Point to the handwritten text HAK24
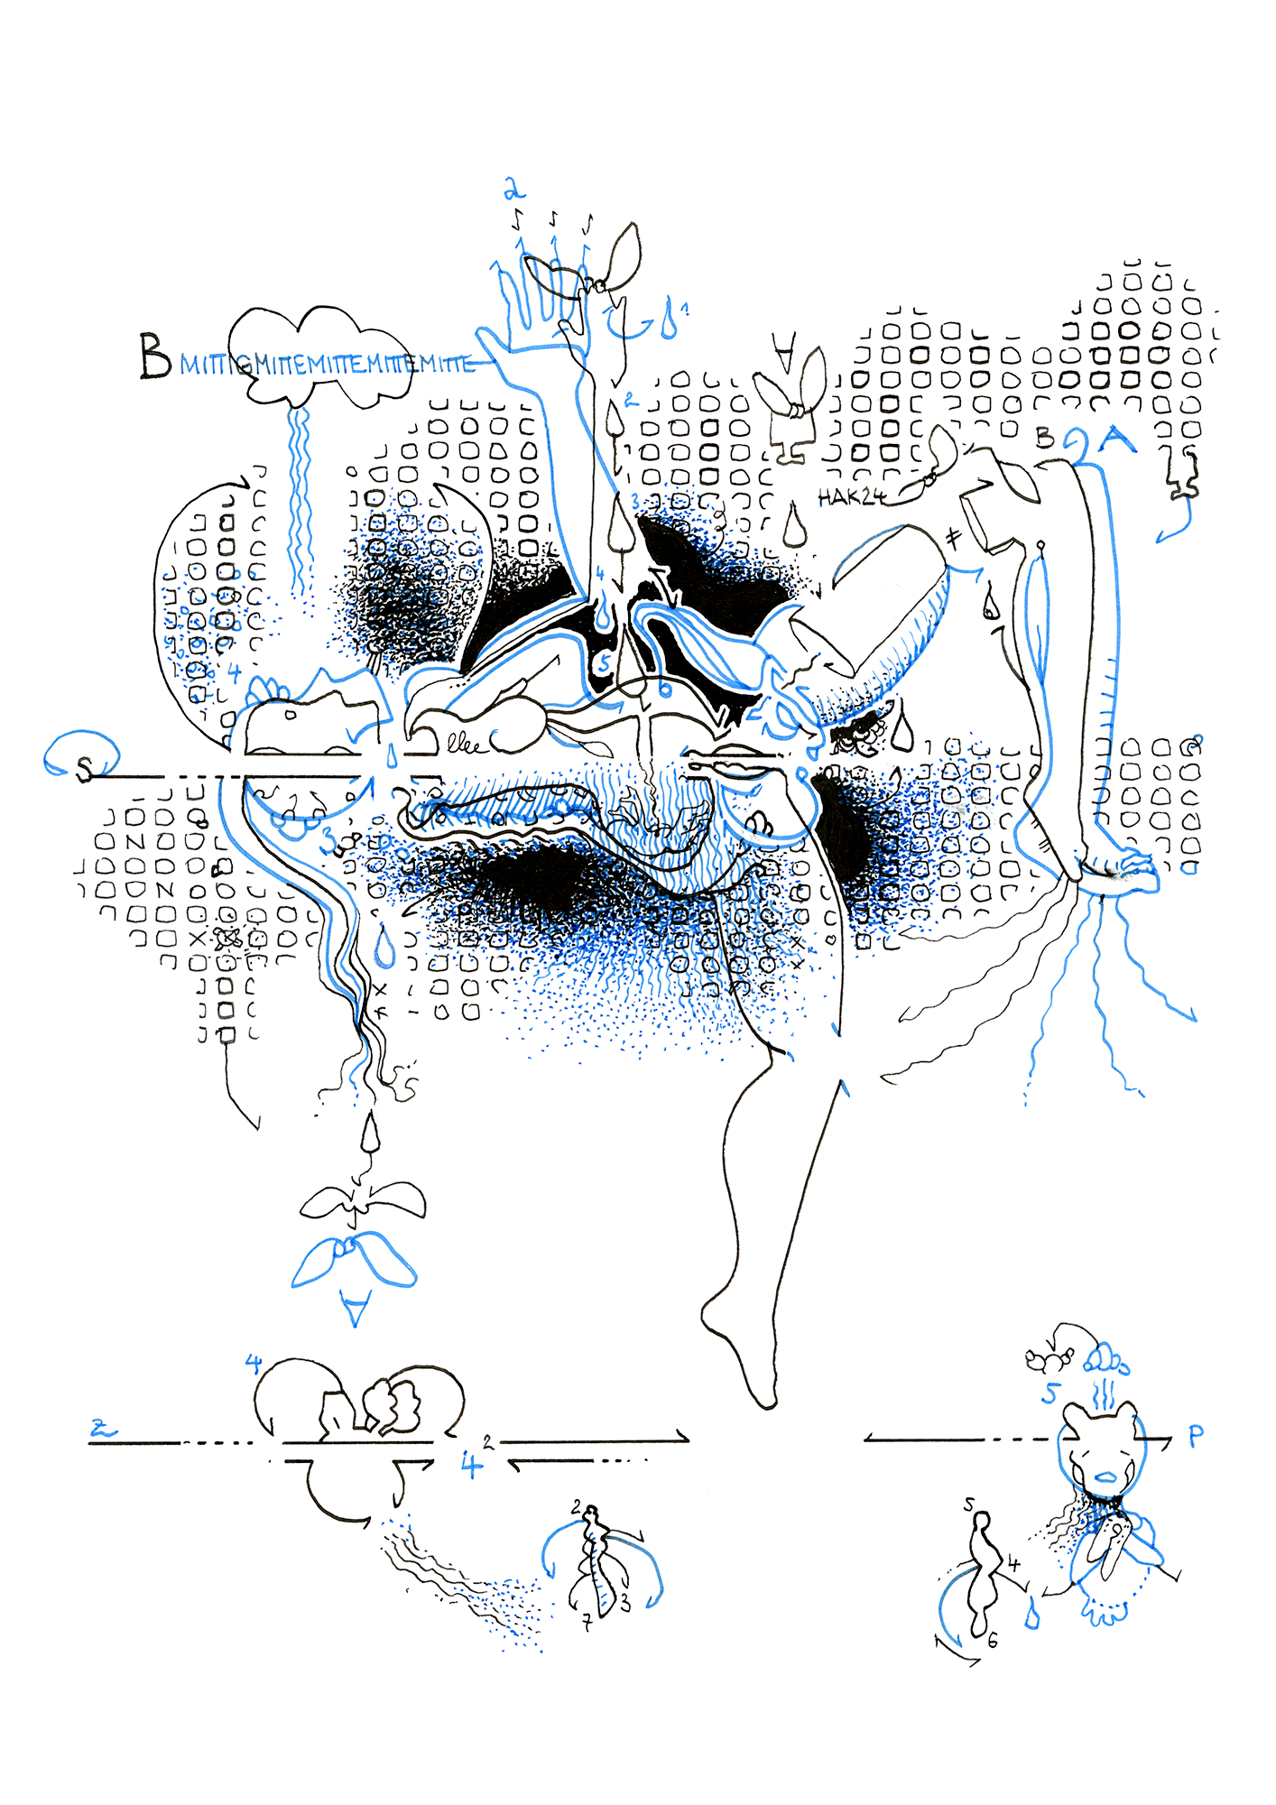[x=850, y=496]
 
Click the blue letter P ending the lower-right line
[x=1196, y=1436]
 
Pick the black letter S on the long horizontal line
[x=84, y=769]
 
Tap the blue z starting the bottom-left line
[x=103, y=1429]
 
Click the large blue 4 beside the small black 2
[x=470, y=1464]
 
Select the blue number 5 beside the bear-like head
[x=1049, y=1393]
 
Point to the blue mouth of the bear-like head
[x=1106, y=1477]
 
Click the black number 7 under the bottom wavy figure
[x=587, y=1624]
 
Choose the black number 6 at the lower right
[x=992, y=1641]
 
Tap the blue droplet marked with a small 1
[x=668, y=322]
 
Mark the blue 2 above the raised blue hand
[x=513, y=190]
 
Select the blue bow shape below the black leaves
[x=353, y=1260]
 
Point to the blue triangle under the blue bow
[x=356, y=1306]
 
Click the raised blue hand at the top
[x=541, y=307]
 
